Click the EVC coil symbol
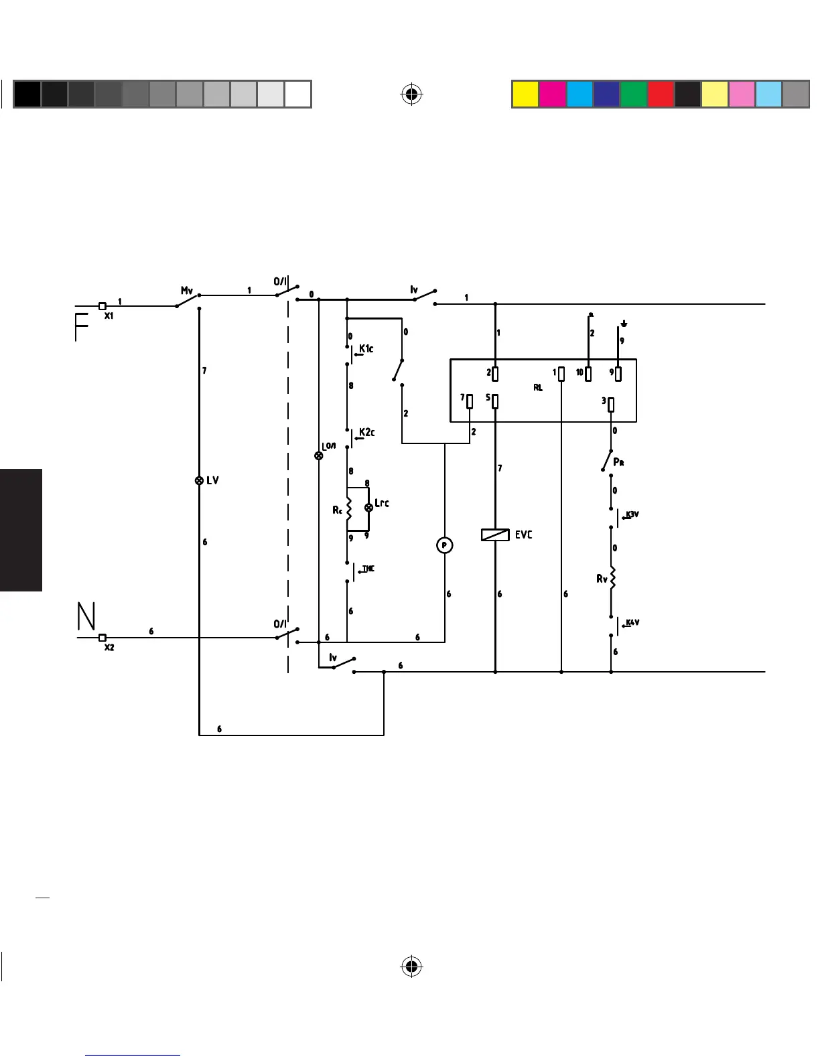pos(495,535)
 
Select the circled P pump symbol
pos(445,546)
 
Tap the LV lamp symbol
pos(199,480)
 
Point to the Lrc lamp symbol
pos(368,508)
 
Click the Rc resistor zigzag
pos(348,508)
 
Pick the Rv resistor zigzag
pos(611,577)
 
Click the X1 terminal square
pos(102,306)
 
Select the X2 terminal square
pos(102,638)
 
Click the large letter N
pos(86,616)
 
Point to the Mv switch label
pos(187,291)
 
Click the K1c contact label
pos(366,348)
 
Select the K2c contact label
pos(367,432)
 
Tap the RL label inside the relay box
pos(538,388)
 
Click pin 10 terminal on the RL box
pos(588,373)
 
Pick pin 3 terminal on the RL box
pos(611,404)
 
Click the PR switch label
pos(619,462)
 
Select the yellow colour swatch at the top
pos(525,94)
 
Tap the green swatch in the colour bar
pos(633,94)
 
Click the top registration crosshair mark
pos(412,94)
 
